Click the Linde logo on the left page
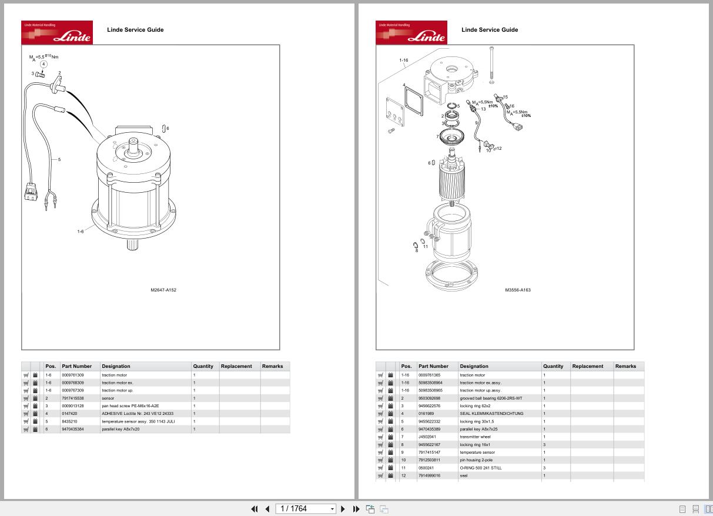(57, 32)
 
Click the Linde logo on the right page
(411, 32)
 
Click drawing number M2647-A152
(163, 290)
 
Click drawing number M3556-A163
(518, 290)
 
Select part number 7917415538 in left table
(72, 398)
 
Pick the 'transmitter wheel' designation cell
(475, 437)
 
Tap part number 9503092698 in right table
(429, 398)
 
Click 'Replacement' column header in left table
(236, 366)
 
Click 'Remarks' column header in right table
(625, 366)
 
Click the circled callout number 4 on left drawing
(43, 64)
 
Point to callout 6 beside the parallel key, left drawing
(168, 128)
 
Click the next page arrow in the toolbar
(343, 509)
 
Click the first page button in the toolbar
(255, 509)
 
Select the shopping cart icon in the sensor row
(26, 398)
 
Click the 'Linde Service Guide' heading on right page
(490, 29)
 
